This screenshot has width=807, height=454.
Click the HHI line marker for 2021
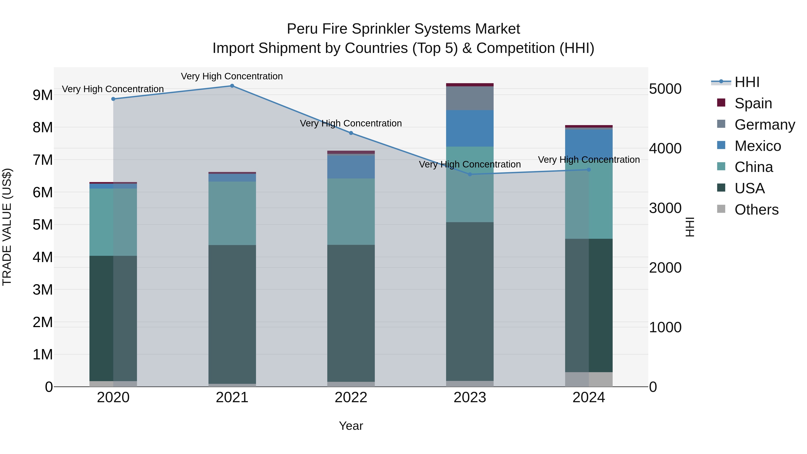(x=232, y=86)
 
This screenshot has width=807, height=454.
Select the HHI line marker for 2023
(x=470, y=174)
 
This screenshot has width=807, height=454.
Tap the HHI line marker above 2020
(x=113, y=99)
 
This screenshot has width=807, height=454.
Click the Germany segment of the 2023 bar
(x=470, y=98)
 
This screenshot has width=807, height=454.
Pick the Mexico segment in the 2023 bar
(x=470, y=128)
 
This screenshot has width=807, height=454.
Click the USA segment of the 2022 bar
(x=351, y=313)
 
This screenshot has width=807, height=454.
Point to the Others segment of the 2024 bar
(x=589, y=379)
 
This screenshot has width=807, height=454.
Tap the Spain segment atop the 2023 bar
(x=470, y=85)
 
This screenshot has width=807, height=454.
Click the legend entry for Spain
(x=753, y=103)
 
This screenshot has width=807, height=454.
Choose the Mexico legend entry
(x=757, y=146)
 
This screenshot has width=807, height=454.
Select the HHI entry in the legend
(x=747, y=82)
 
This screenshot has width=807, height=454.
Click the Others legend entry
(x=756, y=210)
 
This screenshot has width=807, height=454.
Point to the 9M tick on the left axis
(x=43, y=95)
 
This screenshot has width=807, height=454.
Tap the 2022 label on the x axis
(x=351, y=398)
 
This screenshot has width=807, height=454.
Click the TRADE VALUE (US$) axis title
(x=7, y=227)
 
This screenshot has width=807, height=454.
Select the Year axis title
(x=351, y=426)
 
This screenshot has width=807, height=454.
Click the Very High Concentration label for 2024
(x=589, y=160)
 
